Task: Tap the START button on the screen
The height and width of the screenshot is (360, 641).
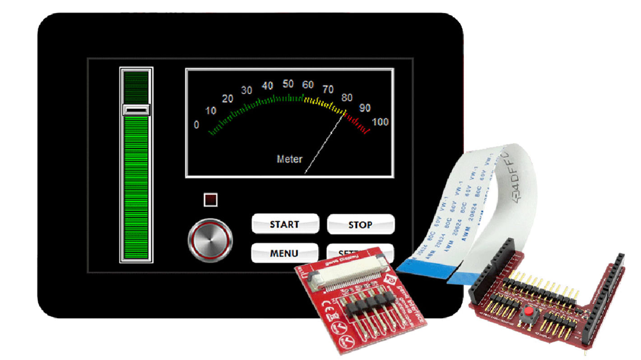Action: tap(285, 224)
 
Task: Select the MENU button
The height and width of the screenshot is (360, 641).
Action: tap(284, 253)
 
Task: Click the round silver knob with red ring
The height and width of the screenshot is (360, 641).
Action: tap(210, 240)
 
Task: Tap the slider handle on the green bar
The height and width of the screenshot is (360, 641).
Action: tap(136, 110)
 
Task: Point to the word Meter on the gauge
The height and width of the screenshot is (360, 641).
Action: tap(289, 159)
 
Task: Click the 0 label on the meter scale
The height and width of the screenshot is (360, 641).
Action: tap(196, 125)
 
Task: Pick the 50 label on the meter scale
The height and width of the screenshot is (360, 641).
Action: tap(288, 84)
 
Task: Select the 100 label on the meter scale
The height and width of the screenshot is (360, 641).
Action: tap(380, 122)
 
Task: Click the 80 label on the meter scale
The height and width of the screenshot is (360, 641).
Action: tap(347, 97)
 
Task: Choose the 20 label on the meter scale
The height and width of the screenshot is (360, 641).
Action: tap(228, 99)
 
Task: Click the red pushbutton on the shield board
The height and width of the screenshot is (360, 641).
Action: tap(527, 312)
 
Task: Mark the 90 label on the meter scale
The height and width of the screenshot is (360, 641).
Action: tap(365, 108)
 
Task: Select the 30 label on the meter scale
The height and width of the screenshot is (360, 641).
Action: tap(246, 91)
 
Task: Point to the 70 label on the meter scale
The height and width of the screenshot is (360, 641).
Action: tap(328, 89)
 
